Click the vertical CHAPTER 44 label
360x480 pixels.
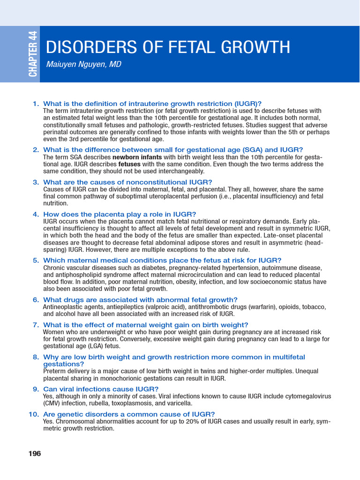[x=32, y=53]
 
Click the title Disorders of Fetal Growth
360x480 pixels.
[x=167, y=47]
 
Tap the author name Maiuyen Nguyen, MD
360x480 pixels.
[x=83, y=65]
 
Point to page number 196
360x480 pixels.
[x=35, y=453]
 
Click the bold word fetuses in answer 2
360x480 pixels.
[x=130, y=164]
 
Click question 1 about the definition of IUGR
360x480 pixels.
[x=152, y=104]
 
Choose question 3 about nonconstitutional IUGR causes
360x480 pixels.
[x=127, y=182]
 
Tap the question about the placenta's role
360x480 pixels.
[x=120, y=214]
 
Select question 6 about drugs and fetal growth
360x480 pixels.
[x=140, y=300]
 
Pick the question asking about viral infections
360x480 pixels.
[x=101, y=389]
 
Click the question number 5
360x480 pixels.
[x=36, y=260]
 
